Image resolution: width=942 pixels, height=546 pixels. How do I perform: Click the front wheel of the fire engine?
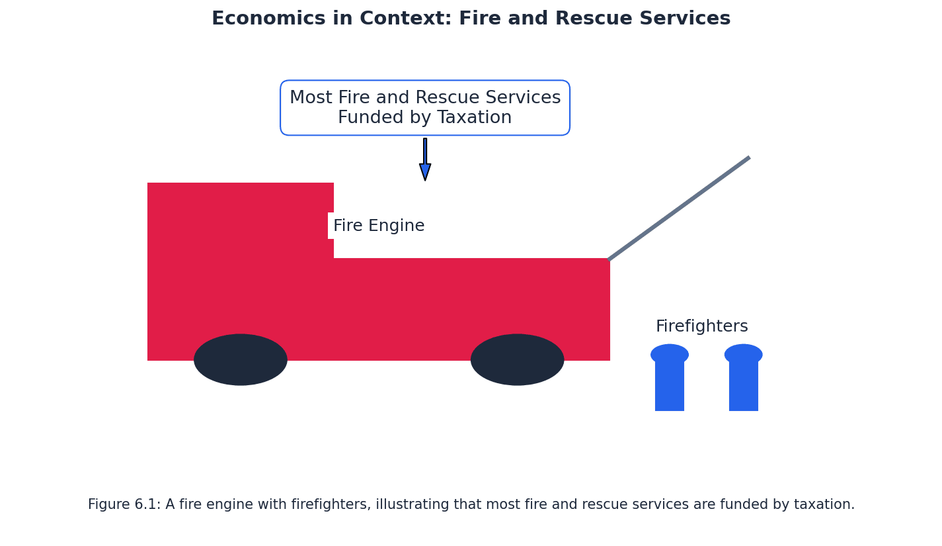517,359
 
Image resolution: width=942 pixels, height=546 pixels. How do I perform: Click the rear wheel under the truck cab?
241,359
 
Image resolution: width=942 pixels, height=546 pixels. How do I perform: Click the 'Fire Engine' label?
379,226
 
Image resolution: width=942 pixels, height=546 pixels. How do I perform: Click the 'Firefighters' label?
701,327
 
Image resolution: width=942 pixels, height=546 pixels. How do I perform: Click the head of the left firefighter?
670,354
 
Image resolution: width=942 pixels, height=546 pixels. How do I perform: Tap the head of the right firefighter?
744,354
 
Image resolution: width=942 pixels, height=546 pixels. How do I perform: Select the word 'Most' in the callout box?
311,99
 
